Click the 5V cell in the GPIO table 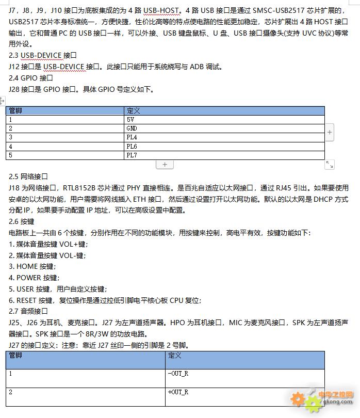click(x=224, y=119)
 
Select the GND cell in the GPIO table click(x=224, y=128)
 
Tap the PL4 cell click(x=224, y=137)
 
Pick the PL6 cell click(x=224, y=146)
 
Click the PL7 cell click(x=224, y=155)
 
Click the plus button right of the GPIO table click(x=330, y=132)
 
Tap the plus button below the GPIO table click(x=165, y=164)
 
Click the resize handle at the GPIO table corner click(x=330, y=164)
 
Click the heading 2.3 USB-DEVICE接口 click(x=43, y=55)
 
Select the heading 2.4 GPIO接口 click(x=31, y=78)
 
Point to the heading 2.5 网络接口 click(x=28, y=176)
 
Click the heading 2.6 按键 click(x=22, y=221)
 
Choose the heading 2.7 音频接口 click(x=28, y=311)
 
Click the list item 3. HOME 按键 click(x=32, y=266)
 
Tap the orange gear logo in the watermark click(x=298, y=398)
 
